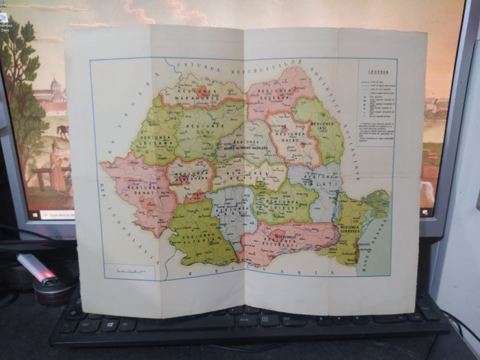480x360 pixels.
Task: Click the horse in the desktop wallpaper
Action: point(63,131)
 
